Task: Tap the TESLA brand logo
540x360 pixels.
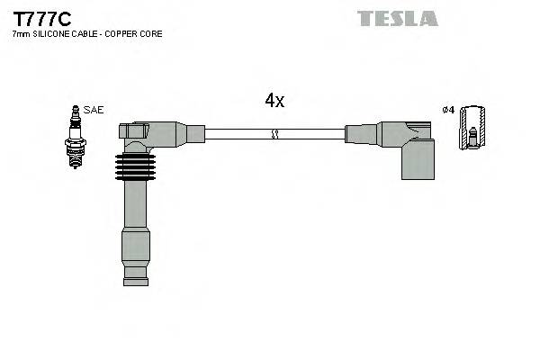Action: click(397, 18)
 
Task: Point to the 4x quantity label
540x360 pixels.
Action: click(274, 101)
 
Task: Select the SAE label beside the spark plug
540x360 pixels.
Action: click(94, 110)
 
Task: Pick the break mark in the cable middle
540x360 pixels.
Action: click(275, 134)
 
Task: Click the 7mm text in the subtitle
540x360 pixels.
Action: click(20, 34)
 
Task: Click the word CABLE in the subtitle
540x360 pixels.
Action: click(83, 34)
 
